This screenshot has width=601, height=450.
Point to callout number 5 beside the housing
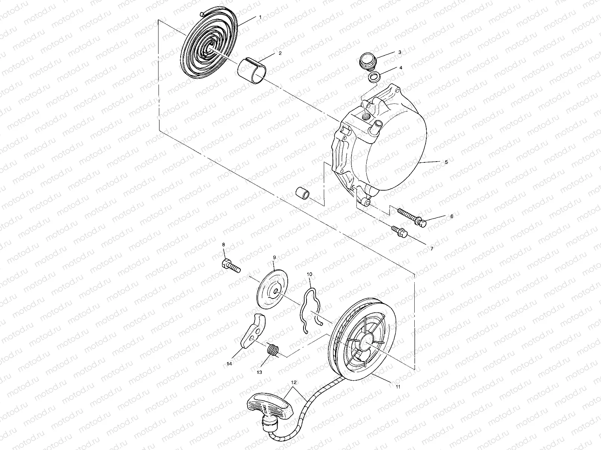click(x=446, y=162)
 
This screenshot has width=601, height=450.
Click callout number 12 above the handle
click(x=294, y=382)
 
